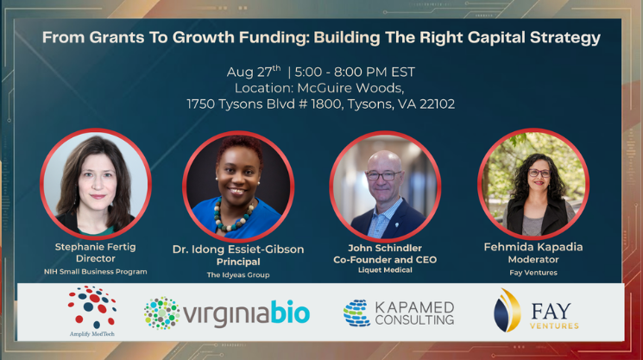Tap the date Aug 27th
[x=254, y=72]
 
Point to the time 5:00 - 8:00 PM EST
[x=355, y=73]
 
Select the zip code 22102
[x=437, y=104]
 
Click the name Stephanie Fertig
[x=96, y=247]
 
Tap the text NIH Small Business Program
[x=96, y=271]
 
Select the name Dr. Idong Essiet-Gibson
[x=238, y=249]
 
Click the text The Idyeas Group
[x=238, y=275]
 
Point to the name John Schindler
[x=385, y=248]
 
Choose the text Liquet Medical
[x=385, y=270]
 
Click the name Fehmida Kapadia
[x=533, y=247]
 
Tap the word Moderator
[x=533, y=260]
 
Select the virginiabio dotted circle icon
[x=161, y=313]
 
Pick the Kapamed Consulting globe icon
[x=356, y=313]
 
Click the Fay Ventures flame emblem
[x=507, y=311]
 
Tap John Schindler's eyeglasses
[x=383, y=175]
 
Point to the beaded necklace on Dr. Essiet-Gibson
[x=234, y=216]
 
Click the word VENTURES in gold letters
[x=554, y=326]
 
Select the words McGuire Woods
[x=350, y=88]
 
